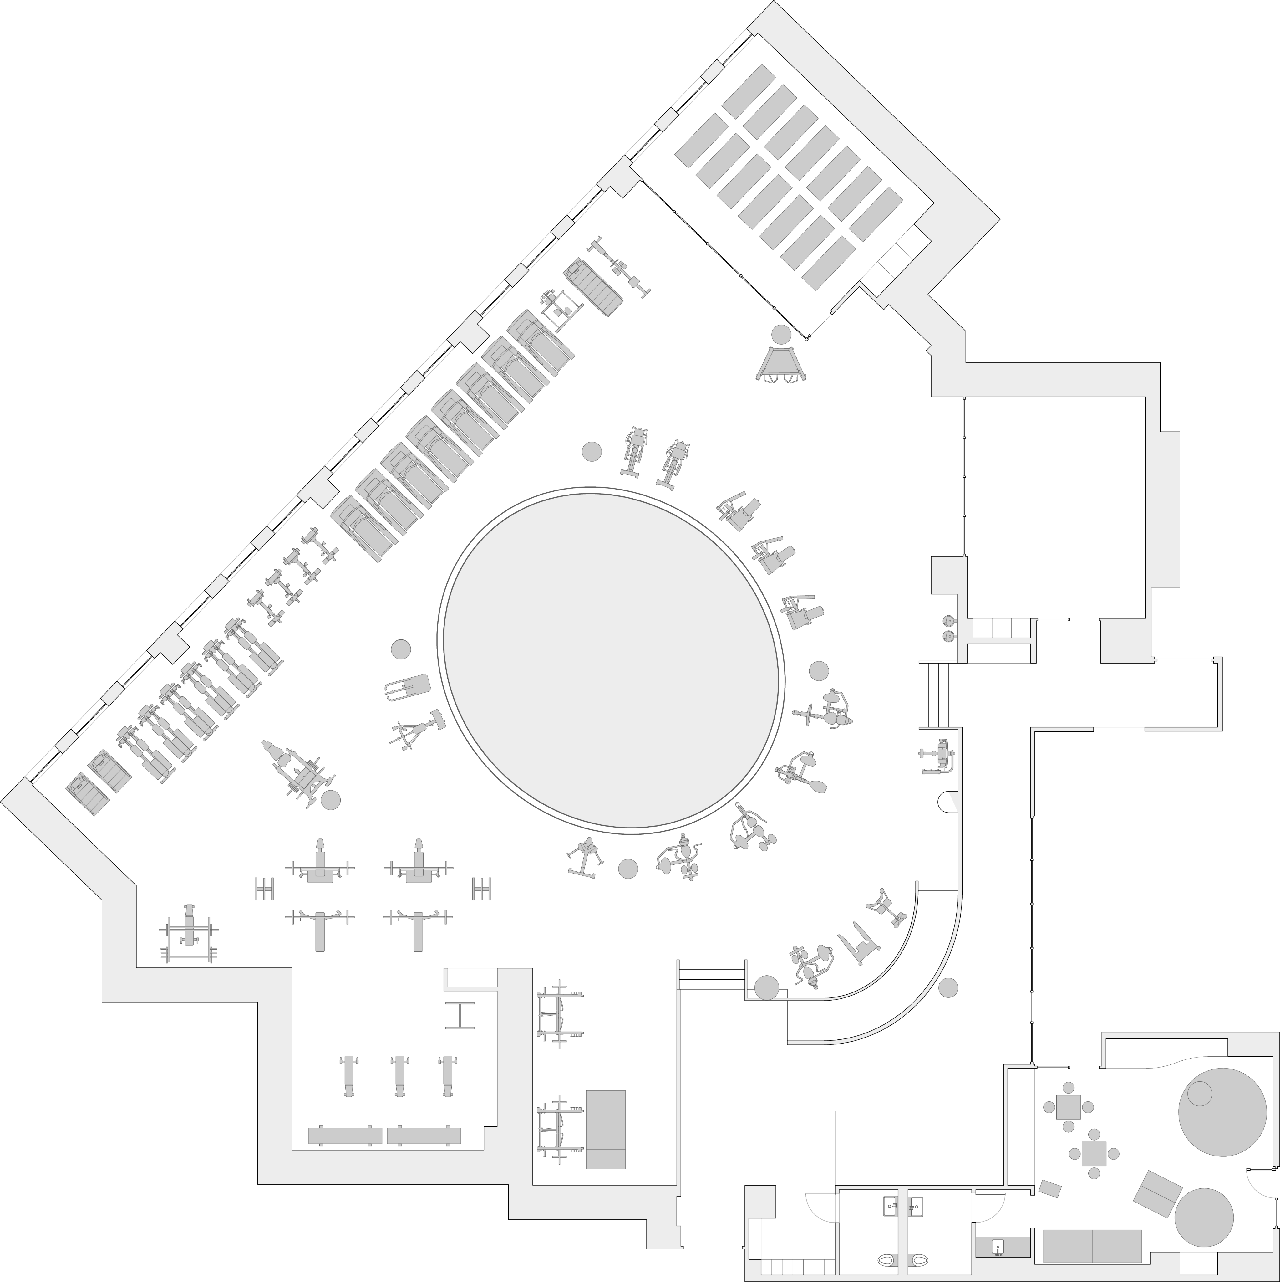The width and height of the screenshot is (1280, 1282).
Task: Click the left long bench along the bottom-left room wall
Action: tap(346, 1135)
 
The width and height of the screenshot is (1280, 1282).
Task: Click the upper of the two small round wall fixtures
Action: tap(949, 621)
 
